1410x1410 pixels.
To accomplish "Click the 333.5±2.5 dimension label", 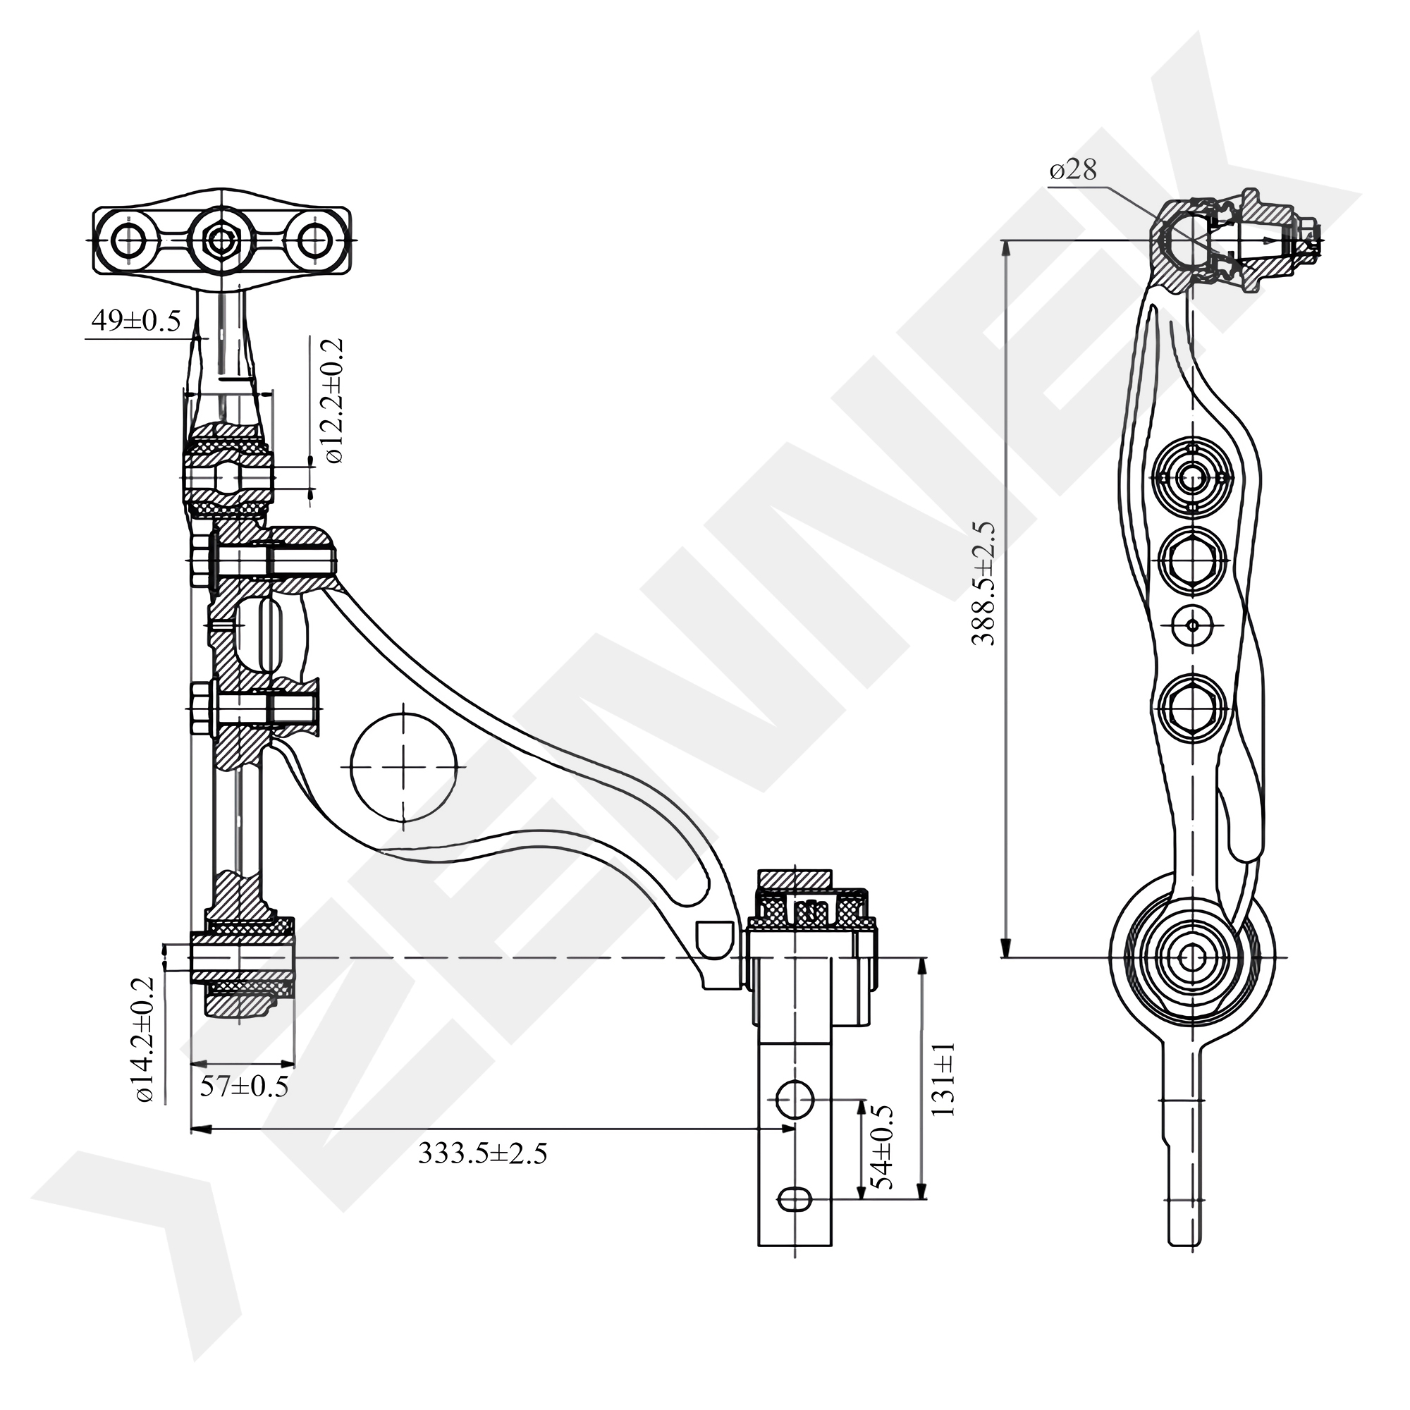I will click(x=482, y=1153).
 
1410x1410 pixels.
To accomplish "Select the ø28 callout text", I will click(x=1073, y=171).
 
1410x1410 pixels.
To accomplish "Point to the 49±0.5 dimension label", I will click(x=136, y=320).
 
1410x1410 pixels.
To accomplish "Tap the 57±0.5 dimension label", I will click(x=244, y=1086).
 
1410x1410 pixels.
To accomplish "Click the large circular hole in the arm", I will click(x=403, y=766).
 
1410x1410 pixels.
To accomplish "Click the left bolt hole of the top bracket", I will click(x=128, y=240).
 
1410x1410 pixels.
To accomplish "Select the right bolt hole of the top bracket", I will click(x=314, y=240).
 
